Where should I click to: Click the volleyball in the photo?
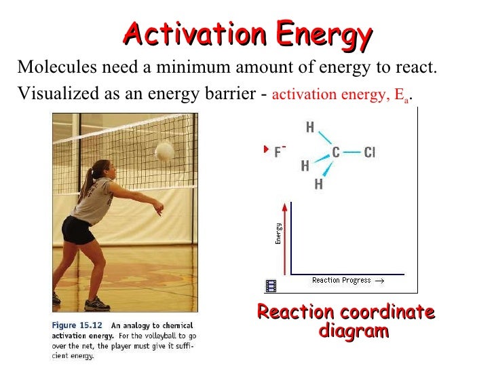(164, 151)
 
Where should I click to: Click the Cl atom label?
(369, 152)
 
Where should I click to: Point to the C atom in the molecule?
(335, 152)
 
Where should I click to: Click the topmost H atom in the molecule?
(310, 127)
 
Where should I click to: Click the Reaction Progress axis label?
(341, 280)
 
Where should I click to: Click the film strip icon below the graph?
(271, 286)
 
